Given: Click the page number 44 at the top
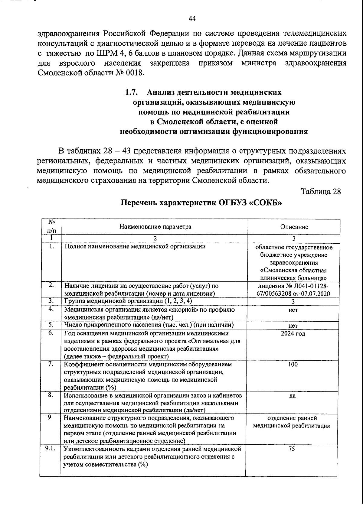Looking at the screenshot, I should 192,19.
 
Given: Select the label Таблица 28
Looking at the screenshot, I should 321,192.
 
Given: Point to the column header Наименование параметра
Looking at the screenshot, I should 155,227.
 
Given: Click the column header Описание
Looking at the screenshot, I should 294,227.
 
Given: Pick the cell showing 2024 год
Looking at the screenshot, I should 293,334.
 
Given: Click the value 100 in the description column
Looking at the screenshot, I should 293,365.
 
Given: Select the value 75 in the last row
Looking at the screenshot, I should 292,449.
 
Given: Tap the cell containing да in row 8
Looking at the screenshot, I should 292,396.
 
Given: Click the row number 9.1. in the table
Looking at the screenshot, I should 50,449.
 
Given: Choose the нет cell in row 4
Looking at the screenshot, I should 293,310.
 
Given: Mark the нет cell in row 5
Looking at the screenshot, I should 293,326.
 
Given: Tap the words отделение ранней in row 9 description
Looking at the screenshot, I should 292,418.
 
